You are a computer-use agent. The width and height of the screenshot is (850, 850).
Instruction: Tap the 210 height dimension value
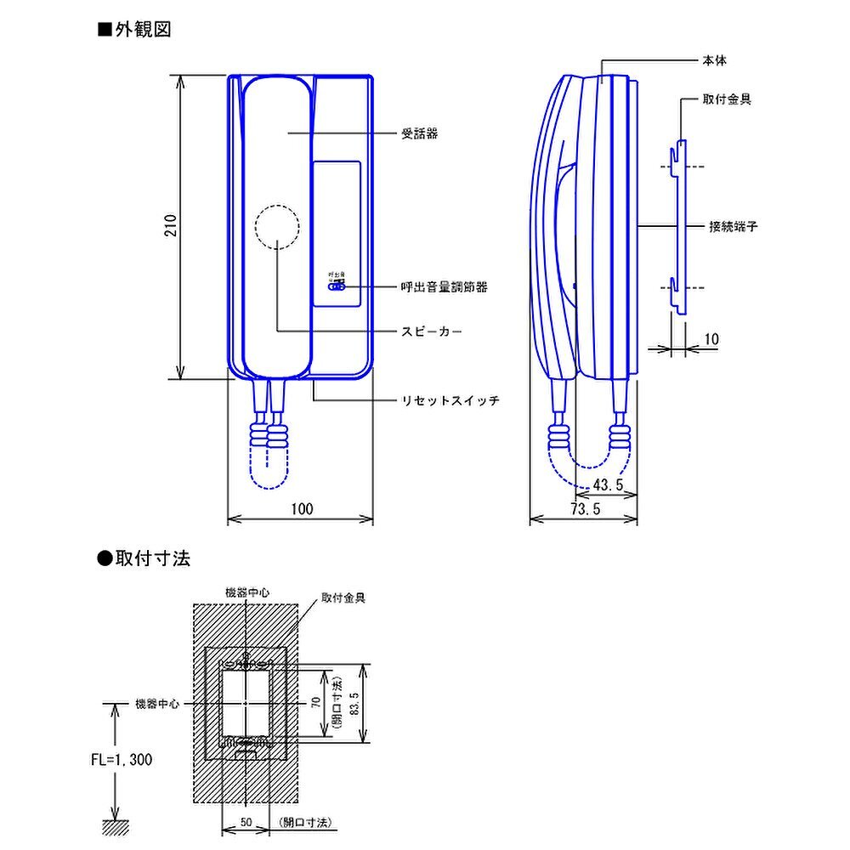coord(171,225)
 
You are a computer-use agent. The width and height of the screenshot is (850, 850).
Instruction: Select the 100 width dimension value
coord(302,509)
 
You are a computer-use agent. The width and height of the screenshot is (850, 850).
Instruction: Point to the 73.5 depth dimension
coord(586,509)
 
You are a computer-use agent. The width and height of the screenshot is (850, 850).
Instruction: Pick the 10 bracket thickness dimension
coord(711,339)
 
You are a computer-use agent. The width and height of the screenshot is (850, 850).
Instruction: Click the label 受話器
coord(420,133)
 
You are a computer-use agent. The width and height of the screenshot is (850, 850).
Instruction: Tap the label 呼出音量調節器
coord(444,287)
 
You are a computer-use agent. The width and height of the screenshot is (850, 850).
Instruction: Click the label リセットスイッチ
coord(450,399)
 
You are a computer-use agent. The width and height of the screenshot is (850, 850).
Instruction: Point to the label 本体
coord(714,61)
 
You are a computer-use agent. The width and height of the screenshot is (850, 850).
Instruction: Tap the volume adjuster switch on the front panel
coord(338,286)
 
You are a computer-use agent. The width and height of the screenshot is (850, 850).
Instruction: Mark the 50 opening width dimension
coord(245,823)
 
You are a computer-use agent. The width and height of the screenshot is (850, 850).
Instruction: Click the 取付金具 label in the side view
coord(727,99)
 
